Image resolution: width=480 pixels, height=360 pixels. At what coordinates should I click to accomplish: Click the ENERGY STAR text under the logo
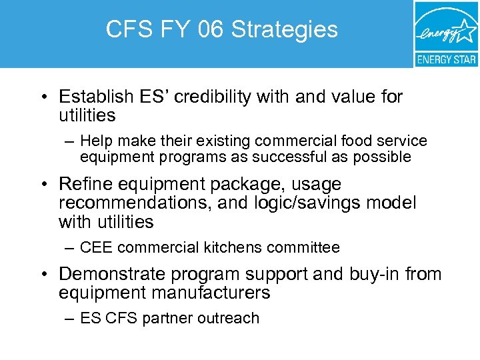click(446, 59)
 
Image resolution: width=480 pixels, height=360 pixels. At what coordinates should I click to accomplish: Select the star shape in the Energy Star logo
click(466, 31)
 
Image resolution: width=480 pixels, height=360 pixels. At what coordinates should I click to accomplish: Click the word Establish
click(95, 97)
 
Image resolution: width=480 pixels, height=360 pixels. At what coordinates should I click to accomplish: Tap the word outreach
click(230, 318)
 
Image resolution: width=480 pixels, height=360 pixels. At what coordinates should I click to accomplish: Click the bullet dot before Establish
click(42, 98)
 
